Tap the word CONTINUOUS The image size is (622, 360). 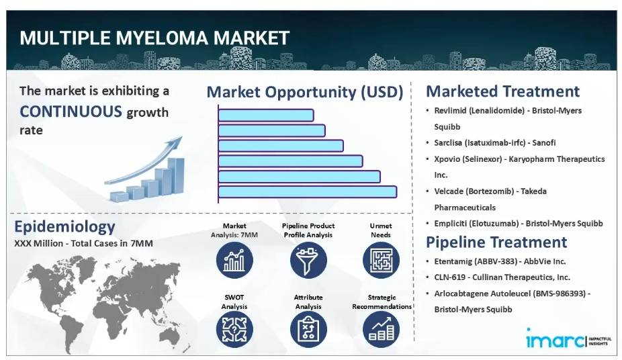point(71,111)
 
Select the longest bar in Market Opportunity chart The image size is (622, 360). point(308,192)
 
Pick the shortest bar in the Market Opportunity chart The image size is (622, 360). point(266,116)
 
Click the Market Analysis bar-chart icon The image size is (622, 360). point(234,260)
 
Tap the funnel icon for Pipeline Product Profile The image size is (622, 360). point(308,260)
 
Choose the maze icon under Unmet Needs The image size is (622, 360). point(381,260)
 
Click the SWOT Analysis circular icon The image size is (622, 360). point(234,330)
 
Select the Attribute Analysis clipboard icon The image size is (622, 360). point(308,330)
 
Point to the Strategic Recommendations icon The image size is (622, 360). point(381,330)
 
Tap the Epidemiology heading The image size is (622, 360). point(64,227)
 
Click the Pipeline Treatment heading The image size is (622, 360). point(496,242)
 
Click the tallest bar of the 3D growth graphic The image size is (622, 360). point(177,176)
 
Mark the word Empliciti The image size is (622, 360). point(450,224)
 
